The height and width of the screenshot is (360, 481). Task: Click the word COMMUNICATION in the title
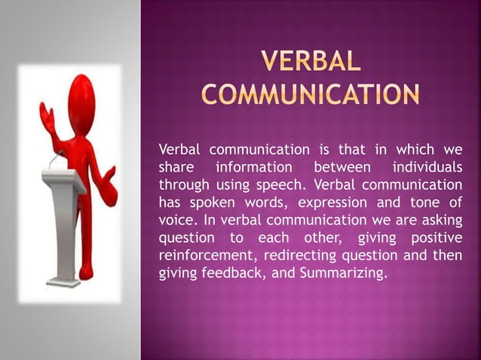tap(309, 96)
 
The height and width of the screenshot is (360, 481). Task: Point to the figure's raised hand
tap(48, 117)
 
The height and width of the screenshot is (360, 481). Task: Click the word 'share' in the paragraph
tap(173, 165)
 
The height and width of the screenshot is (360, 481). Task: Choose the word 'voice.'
tap(175, 219)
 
